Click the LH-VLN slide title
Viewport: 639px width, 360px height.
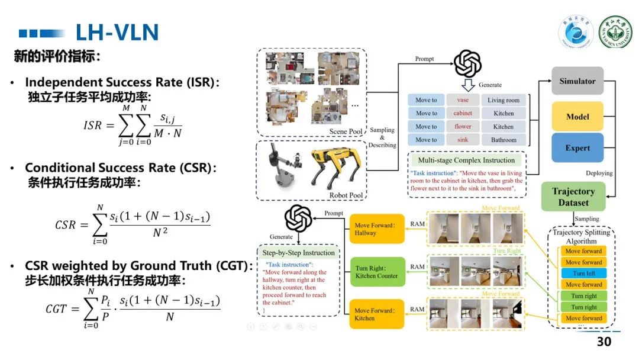point(117,32)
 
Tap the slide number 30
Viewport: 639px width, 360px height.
point(603,342)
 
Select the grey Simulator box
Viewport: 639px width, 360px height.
point(577,82)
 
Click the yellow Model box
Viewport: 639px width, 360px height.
point(577,116)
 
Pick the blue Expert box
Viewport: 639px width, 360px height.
point(577,148)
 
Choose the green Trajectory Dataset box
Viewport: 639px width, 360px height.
point(573,197)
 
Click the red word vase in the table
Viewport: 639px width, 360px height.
point(463,100)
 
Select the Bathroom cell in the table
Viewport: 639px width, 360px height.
point(504,140)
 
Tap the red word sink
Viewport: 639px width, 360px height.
point(463,140)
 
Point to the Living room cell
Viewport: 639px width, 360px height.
point(504,100)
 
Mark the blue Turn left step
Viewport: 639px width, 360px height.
point(583,274)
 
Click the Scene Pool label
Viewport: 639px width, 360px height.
point(347,131)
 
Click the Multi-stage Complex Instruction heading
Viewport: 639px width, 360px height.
point(466,160)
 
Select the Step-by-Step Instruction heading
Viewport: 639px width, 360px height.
point(298,253)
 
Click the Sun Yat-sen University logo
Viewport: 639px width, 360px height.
point(615,31)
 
